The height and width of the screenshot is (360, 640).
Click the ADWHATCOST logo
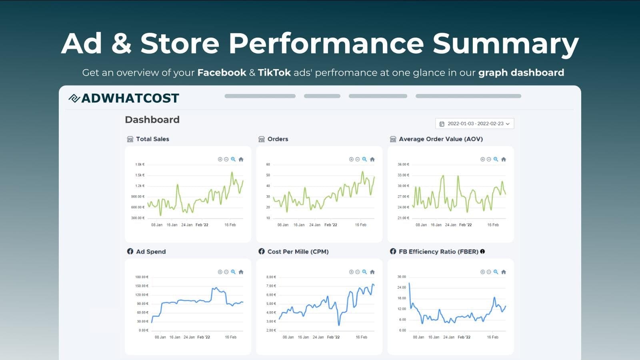click(x=124, y=98)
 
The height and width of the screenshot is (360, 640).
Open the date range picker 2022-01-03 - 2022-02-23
click(x=474, y=124)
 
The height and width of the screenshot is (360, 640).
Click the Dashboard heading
click(x=152, y=120)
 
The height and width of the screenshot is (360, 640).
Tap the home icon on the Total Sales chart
click(x=241, y=159)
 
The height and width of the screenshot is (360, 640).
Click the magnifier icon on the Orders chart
click(x=364, y=159)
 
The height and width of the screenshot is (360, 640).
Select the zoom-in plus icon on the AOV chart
click(x=482, y=159)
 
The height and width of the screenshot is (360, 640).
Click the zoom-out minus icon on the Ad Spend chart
click(x=226, y=272)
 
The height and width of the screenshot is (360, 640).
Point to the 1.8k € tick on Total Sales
click(x=140, y=164)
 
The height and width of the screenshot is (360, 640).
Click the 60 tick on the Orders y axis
click(x=268, y=164)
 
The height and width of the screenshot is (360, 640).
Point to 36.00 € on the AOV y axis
click(x=403, y=164)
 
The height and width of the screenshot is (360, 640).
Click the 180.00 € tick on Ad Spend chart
click(x=142, y=277)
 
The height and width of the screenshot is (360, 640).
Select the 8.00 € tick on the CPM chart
click(x=271, y=277)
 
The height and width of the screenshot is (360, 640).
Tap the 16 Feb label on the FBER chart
click(x=492, y=337)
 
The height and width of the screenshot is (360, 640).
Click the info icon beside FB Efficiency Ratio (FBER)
click(x=482, y=252)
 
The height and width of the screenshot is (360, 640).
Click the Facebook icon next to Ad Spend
click(x=130, y=252)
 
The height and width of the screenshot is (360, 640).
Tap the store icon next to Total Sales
click(x=130, y=139)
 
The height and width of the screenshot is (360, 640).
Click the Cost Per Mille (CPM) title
click(x=298, y=252)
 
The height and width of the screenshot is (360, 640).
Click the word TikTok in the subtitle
click(x=274, y=73)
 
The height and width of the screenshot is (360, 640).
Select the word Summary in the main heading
click(x=506, y=43)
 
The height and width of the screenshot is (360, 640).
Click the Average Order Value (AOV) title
click(x=441, y=139)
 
